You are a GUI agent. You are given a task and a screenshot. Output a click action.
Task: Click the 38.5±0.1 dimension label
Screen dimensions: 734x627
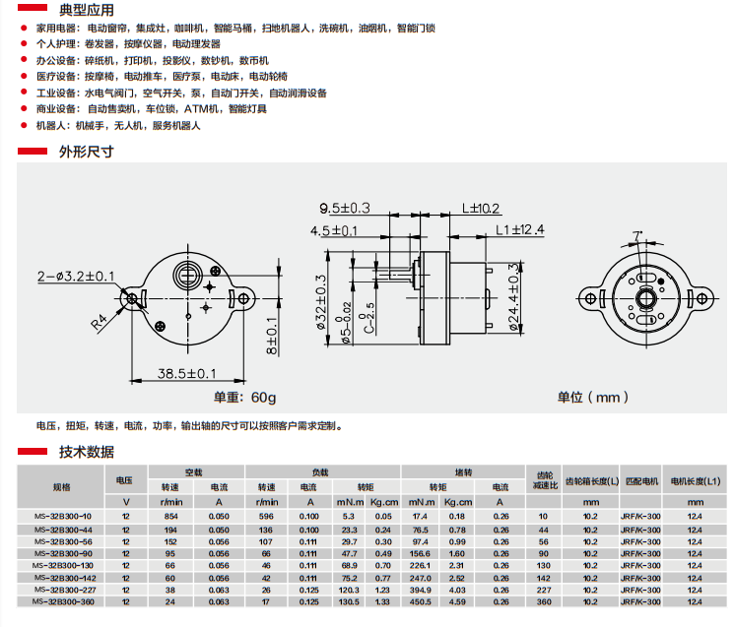pyautogui.click(x=187, y=374)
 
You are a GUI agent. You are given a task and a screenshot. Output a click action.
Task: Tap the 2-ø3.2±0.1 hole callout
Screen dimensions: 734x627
pyautogui.click(x=76, y=277)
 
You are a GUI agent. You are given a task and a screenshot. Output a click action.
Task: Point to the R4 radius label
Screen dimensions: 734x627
pyautogui.click(x=99, y=322)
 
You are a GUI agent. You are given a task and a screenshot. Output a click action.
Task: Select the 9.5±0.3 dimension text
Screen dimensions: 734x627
pyautogui.click(x=345, y=208)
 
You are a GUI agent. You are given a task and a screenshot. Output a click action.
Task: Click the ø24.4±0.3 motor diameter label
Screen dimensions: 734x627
pyautogui.click(x=514, y=296)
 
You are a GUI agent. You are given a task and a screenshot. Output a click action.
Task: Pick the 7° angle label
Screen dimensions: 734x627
pyautogui.click(x=637, y=235)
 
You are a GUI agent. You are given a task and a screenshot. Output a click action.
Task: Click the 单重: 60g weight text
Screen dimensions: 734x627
pyautogui.click(x=244, y=398)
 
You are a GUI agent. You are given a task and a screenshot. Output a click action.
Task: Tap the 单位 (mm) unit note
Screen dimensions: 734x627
pyautogui.click(x=592, y=398)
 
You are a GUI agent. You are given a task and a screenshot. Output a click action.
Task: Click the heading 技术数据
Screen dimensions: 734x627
pyautogui.click(x=87, y=452)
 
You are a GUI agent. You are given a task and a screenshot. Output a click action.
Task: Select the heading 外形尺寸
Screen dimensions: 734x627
pyautogui.click(x=87, y=152)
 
